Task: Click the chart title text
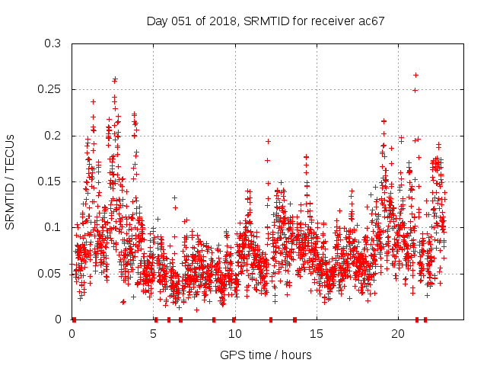(x=266, y=21)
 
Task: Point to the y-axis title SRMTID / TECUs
(x=11, y=181)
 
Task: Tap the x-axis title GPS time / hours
(x=266, y=355)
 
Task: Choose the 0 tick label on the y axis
(x=59, y=319)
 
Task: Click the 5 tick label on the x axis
(x=154, y=334)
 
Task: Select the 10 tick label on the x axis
(x=235, y=334)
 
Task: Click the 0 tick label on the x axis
(x=72, y=334)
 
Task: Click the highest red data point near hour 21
(x=415, y=75)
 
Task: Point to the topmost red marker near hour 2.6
(x=115, y=79)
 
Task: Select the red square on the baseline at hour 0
(x=74, y=319)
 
